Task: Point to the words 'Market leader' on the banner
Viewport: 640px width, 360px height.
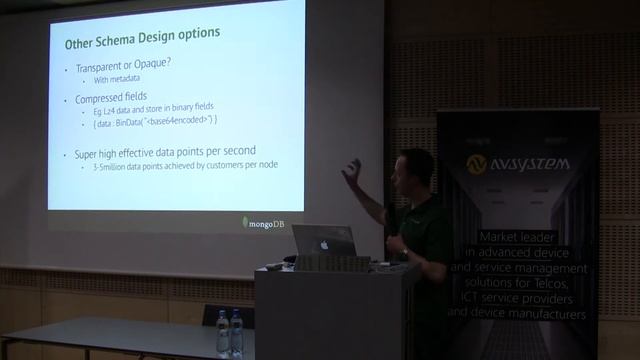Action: pos(520,237)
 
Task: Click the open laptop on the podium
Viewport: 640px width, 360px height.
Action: pos(323,242)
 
